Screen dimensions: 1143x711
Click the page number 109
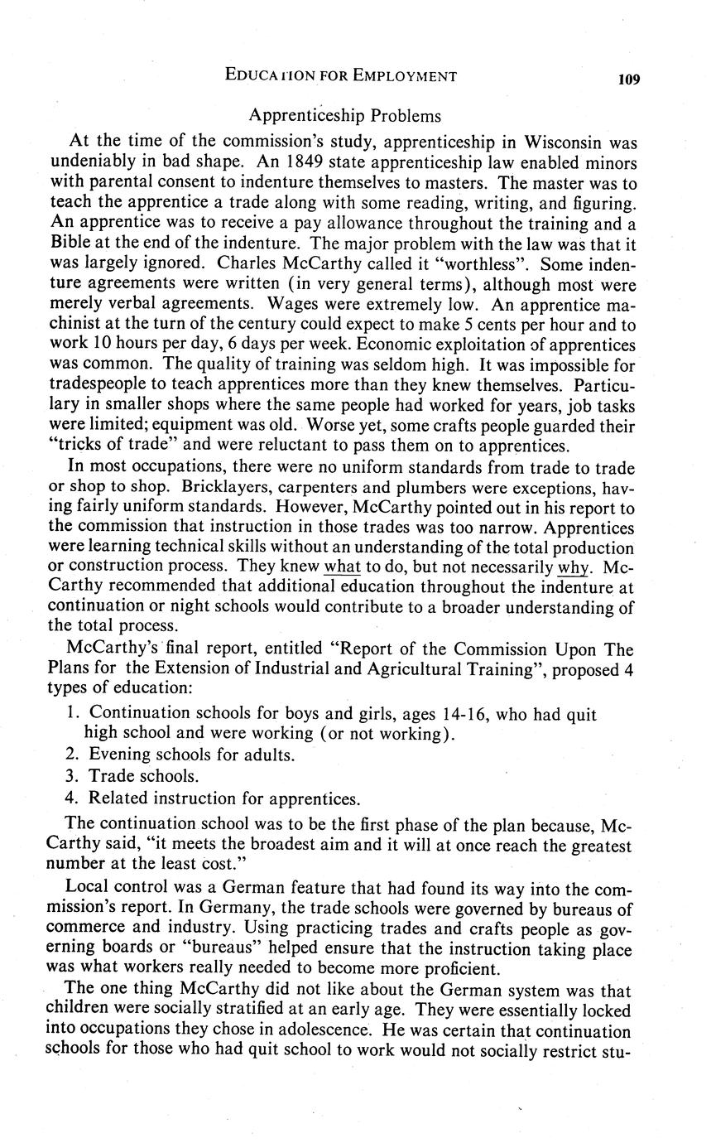(628, 80)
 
